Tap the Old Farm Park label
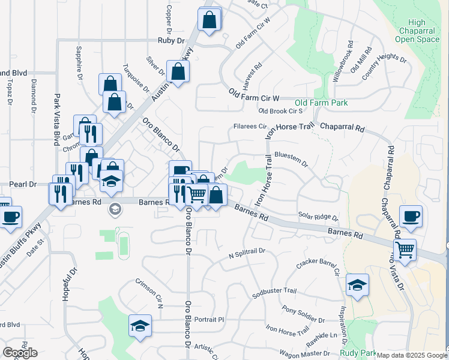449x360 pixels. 321,103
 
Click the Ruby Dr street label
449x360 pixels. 170,40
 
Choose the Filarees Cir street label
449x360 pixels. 250,127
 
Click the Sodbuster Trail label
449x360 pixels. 275,290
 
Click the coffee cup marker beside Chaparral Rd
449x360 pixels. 411,216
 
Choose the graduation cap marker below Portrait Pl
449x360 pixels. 140,326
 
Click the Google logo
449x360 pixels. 20,353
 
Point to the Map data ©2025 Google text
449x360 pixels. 411,355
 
